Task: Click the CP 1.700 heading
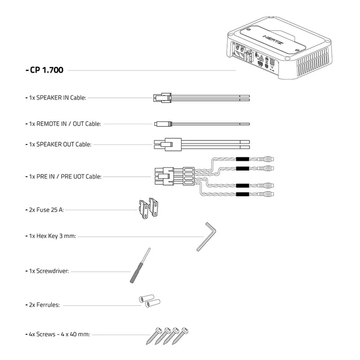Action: tap(45, 71)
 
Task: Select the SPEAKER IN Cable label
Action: tap(57, 97)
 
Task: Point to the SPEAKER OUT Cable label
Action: tap(60, 144)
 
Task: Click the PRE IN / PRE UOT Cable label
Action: tap(65, 176)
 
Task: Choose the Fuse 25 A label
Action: tap(46, 209)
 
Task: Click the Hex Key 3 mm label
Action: tap(52, 236)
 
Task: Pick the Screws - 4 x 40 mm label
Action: tap(58, 334)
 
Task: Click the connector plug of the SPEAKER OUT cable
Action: tap(166, 144)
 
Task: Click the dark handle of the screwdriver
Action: tap(137, 274)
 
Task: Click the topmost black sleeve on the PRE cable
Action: tap(242, 159)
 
